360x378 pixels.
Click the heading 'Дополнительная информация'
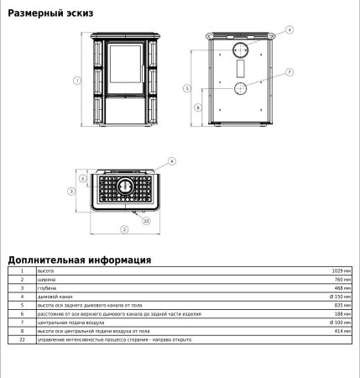click(x=79, y=260)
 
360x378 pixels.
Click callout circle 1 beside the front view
click(x=76, y=81)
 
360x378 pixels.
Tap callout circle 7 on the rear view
click(x=290, y=72)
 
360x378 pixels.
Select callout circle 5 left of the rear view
click(x=189, y=87)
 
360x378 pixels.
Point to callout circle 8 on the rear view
click(x=197, y=108)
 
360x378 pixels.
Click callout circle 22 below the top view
click(x=146, y=221)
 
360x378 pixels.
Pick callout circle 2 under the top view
click(x=123, y=228)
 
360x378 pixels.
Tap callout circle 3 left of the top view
click(x=71, y=192)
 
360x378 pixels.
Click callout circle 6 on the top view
click(x=83, y=178)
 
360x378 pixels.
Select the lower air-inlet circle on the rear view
click(x=241, y=87)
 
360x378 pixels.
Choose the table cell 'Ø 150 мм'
click(x=340, y=297)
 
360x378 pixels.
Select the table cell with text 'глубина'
click(x=47, y=288)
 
